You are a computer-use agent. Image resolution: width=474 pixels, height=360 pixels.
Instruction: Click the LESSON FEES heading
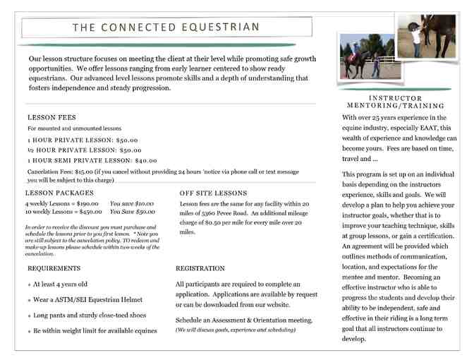tap(51, 117)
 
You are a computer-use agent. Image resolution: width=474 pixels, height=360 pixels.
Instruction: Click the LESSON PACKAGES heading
tap(59, 193)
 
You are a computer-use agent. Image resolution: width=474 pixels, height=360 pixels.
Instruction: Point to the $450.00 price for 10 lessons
tap(90, 211)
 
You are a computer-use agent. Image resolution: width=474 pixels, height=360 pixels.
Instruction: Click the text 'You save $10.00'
tap(133, 203)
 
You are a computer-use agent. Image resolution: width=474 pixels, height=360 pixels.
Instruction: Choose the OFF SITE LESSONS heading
tap(213, 193)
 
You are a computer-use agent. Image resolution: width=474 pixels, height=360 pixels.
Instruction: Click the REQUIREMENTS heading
tap(54, 268)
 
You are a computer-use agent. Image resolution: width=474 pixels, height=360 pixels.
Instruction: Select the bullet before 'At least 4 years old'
tap(28, 285)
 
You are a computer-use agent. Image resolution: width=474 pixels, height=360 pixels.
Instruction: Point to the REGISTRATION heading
tap(200, 268)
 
